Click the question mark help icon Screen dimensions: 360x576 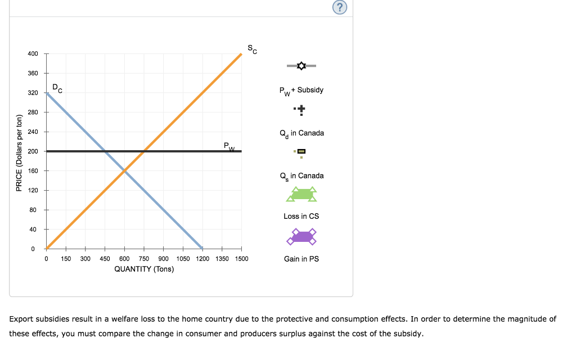[x=339, y=7]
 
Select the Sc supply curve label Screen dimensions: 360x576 [x=253, y=49]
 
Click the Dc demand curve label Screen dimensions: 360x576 [x=57, y=88]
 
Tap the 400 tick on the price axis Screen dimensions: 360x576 [x=33, y=53]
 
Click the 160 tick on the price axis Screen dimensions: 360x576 [x=33, y=170]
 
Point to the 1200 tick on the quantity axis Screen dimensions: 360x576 [x=202, y=259]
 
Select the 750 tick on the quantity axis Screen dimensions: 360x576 [x=144, y=259]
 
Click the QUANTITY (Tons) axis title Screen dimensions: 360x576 [x=144, y=269]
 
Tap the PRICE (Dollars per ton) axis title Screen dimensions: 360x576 [x=19, y=152]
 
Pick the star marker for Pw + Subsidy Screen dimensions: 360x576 [x=301, y=66]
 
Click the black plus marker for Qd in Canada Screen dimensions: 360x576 [x=301, y=109]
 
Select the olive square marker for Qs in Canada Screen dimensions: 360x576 [x=301, y=151]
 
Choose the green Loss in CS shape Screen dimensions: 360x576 [x=301, y=195]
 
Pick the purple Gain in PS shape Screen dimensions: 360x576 [x=301, y=237]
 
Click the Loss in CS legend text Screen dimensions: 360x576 [x=301, y=216]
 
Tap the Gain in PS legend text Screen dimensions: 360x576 [x=301, y=259]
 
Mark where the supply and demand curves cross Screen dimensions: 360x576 [x=124, y=170]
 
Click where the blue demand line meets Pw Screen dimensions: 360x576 [x=105, y=151]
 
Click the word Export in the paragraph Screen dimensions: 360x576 [x=21, y=319]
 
